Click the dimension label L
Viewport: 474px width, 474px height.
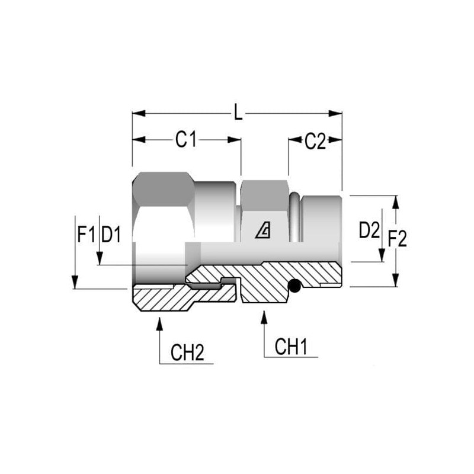coord(238,113)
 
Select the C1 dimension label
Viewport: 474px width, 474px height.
coord(186,140)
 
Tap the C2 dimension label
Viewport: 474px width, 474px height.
coord(315,142)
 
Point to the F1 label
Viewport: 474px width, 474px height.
coord(86,235)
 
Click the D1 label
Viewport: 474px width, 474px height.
coord(111,235)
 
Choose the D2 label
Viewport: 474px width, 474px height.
coord(369,230)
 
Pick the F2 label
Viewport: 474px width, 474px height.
coord(397,239)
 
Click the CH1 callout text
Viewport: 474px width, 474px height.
coord(291,347)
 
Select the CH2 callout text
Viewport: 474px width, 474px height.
coord(187,352)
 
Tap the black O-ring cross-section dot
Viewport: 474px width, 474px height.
coord(294,286)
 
